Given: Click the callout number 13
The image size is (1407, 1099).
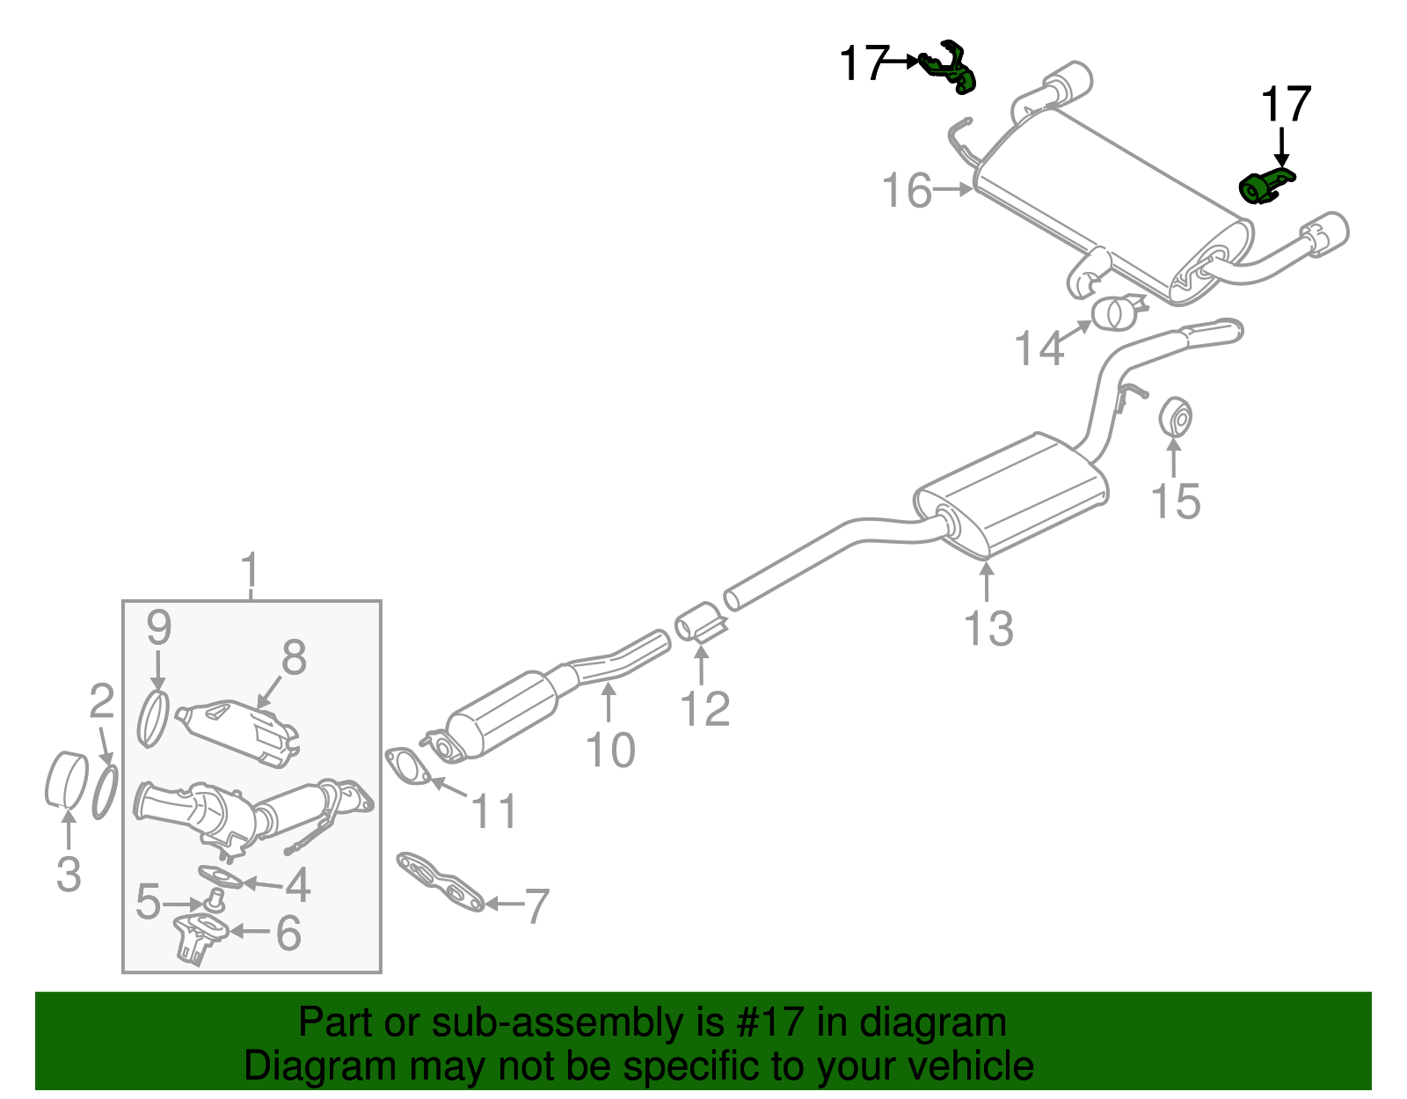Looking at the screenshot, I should tap(988, 629).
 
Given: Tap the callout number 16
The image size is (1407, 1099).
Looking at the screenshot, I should tap(908, 191).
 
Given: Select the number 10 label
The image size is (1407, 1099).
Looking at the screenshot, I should tap(609, 751).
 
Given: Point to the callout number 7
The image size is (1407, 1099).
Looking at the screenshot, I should tap(536, 905).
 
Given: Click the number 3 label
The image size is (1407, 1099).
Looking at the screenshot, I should tap(69, 874).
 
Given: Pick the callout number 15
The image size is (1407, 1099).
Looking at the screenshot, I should tap(1175, 502).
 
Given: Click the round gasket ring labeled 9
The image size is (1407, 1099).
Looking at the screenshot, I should tap(154, 719).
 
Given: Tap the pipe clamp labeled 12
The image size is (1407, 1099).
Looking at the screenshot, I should tap(700, 623).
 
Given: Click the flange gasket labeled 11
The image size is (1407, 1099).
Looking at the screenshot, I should tap(408, 766).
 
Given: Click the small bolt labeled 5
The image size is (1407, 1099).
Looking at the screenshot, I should tap(214, 899).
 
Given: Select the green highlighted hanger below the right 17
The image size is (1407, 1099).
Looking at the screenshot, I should tap(1263, 187).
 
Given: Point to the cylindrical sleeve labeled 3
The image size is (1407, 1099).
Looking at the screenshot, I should tap(65, 780).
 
